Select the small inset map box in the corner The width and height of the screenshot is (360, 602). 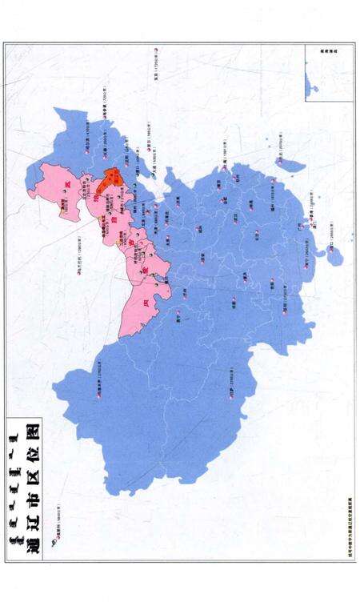coord(329,72)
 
